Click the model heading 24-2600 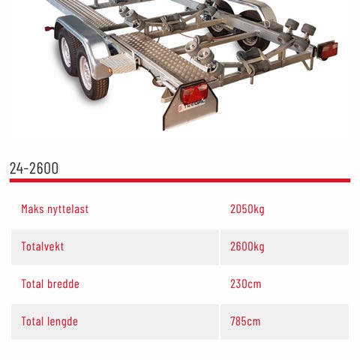(34, 168)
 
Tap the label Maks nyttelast (55, 209)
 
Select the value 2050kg (247, 209)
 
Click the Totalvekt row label (43, 247)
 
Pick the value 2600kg (247, 247)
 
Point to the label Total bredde (50, 284)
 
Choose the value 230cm (246, 284)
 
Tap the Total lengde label (49, 322)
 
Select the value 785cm (245, 322)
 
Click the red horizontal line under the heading (180, 181)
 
